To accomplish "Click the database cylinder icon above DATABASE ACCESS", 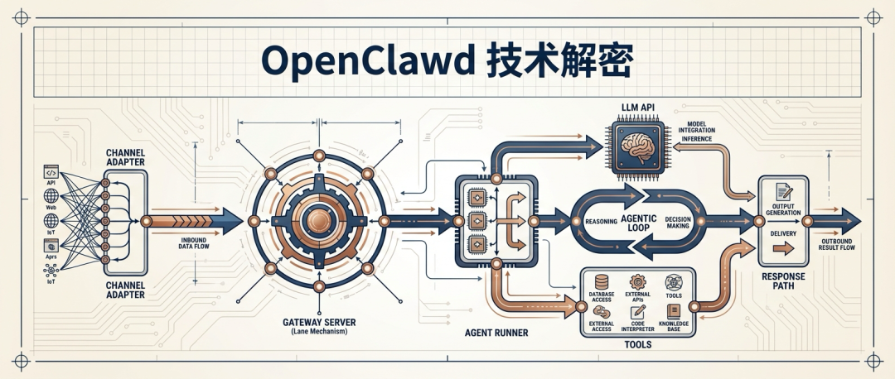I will click(601, 282).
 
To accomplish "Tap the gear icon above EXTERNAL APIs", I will click(637, 282).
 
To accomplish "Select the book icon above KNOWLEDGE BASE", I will click(673, 312).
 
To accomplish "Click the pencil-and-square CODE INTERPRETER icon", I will click(637, 312).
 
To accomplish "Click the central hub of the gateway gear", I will click(318, 220).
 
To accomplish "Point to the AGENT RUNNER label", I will click(491, 333).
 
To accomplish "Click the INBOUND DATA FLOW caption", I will click(192, 243).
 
